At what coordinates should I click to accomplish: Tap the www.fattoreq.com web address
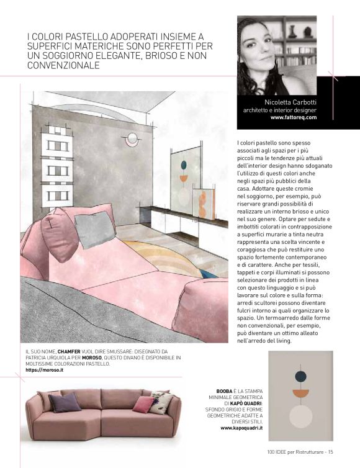click(x=294, y=117)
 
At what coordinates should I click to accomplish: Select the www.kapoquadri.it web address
click(x=241, y=428)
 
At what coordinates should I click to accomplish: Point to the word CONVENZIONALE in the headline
click(x=62, y=65)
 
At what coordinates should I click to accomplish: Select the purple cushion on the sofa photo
click(x=65, y=402)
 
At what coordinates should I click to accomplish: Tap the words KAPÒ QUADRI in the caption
click(x=244, y=403)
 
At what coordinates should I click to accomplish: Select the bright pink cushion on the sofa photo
click(x=143, y=404)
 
